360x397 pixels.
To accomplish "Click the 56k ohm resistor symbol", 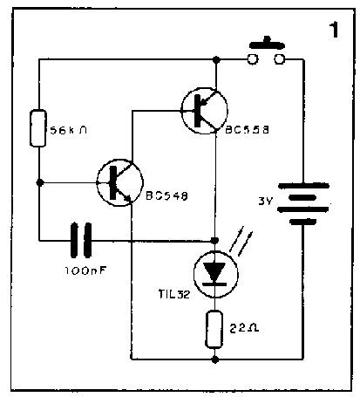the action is coord(38,128).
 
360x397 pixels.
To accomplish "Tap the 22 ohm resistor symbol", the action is coord(214,329).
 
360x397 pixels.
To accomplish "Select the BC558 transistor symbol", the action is coord(204,111).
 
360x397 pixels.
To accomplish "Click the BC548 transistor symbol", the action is coord(119,182).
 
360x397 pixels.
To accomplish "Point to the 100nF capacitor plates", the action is coord(81,240).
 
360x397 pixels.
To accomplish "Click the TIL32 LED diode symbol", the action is coord(215,274).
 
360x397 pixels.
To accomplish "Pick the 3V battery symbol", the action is coord(303,203).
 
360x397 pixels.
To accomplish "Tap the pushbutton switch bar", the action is coord(267,44).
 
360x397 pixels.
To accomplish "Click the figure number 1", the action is coord(334,30).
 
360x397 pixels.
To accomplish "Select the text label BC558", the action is coord(248,130).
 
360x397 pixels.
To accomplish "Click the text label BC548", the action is coord(166,195).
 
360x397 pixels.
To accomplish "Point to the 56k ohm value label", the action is coord(69,130).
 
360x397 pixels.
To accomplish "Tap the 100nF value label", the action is coord(85,270).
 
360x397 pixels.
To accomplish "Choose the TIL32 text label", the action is coord(174,294).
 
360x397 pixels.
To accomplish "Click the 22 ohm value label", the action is coord(244,328).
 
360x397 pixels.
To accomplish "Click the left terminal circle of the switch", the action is coord(252,59).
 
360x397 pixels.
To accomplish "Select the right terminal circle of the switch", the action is coord(280,59).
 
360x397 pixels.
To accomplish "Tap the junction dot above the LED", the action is coord(214,241).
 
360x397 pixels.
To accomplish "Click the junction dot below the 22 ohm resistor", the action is coord(214,359).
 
